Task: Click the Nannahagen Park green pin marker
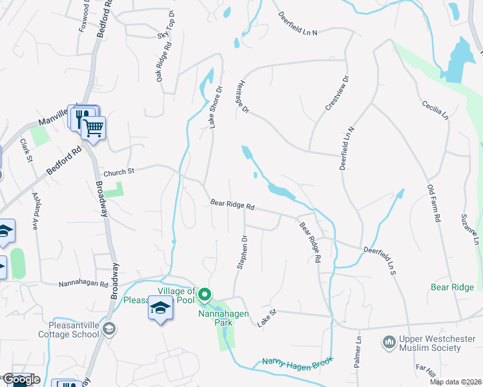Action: point(205,295)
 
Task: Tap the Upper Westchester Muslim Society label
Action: point(431,344)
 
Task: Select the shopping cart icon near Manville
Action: point(94,129)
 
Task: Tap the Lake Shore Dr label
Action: point(215,106)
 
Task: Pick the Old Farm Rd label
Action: point(433,203)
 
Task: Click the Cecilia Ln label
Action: point(435,110)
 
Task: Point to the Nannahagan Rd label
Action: point(83,283)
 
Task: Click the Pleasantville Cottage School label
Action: point(67,330)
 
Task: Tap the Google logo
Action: point(21,379)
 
